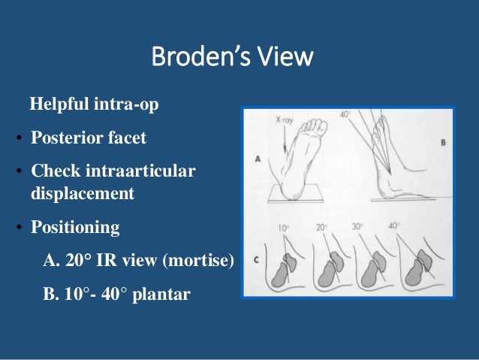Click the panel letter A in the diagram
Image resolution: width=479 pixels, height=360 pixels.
pos(258,159)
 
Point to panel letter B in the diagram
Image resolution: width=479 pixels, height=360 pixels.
pos(442,140)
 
